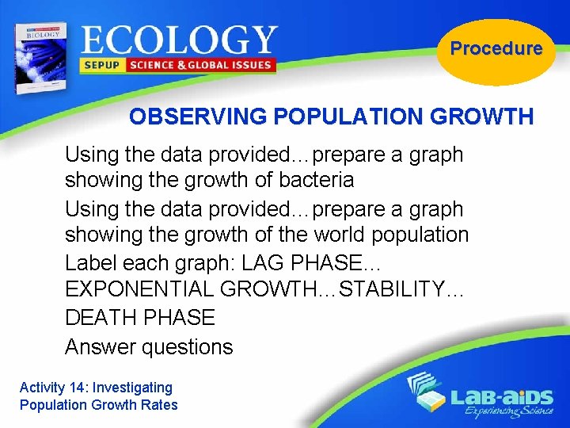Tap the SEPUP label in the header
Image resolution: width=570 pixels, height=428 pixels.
[x=102, y=65]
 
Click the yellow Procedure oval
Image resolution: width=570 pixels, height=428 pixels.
[x=496, y=49]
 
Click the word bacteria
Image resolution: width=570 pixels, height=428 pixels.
[x=316, y=181]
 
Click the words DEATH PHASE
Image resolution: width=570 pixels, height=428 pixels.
[x=140, y=318]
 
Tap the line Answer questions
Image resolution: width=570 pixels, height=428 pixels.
[x=149, y=346]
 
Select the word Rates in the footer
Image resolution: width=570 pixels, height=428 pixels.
[x=161, y=405]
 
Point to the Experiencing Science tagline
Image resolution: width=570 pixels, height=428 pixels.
[x=502, y=412]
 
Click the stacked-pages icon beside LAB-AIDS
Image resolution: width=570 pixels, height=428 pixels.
[x=424, y=392]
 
